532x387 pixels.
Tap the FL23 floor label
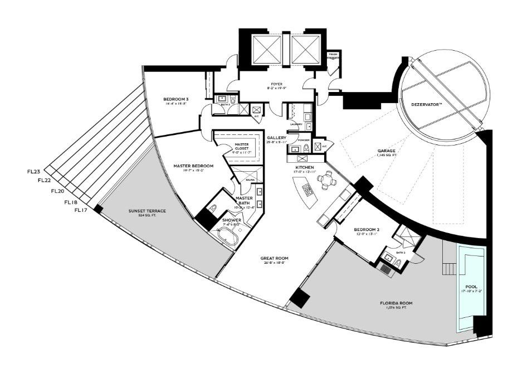pyautogui.click(x=34, y=171)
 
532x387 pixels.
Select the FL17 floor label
pyautogui.click(x=81, y=211)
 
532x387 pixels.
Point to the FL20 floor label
pyautogui.click(x=57, y=191)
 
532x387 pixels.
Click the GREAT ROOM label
pyautogui.click(x=273, y=259)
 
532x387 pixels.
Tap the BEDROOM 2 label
pyautogui.click(x=367, y=230)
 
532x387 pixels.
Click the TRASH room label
pyautogui.click(x=333, y=55)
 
